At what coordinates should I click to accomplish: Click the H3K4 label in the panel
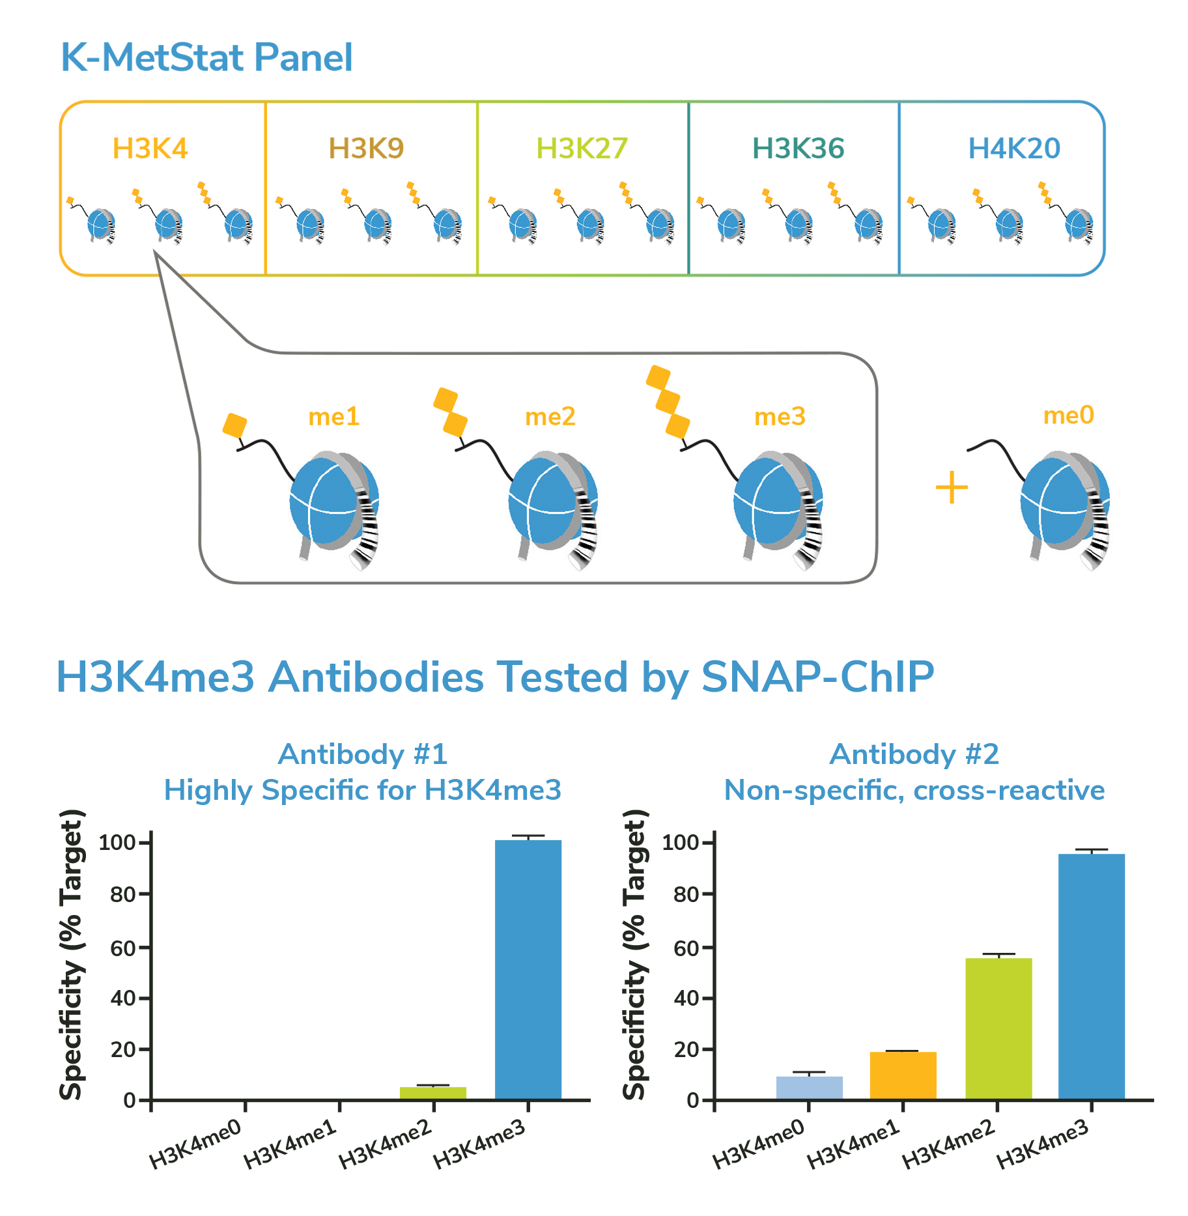tap(150, 148)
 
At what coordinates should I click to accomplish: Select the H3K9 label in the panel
tap(366, 148)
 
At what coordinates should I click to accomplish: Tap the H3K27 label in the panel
tap(582, 148)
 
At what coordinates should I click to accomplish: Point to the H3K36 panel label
tap(798, 148)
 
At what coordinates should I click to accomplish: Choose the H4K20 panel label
tap(1014, 148)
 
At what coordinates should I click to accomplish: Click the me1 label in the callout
tap(334, 416)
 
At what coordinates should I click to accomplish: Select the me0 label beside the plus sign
tap(1069, 415)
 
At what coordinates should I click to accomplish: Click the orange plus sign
tap(952, 488)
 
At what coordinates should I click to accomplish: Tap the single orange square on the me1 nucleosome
tap(234, 426)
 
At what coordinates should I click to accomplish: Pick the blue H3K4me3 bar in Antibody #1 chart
tap(528, 970)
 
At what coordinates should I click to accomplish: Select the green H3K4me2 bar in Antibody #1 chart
tap(433, 1093)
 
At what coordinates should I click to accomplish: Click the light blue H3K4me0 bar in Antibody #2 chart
tap(809, 1088)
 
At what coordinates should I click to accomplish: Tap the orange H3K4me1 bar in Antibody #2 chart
tap(903, 1075)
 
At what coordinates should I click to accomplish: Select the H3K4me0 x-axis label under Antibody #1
tap(195, 1144)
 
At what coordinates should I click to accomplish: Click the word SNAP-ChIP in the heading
tap(817, 677)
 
